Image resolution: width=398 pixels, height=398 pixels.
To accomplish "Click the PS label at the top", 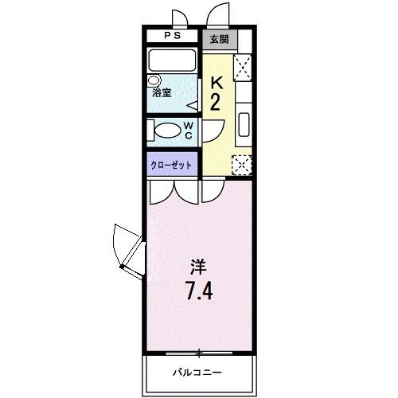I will [x=172, y=37].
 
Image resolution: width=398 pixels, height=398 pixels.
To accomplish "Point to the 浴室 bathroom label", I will [x=162, y=93].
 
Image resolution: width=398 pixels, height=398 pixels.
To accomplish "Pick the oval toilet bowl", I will [x=168, y=131].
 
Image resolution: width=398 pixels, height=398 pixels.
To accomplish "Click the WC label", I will [x=189, y=131].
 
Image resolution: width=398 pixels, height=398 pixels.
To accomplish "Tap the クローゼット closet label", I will [x=172, y=165].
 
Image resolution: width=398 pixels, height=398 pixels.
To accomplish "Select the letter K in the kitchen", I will [x=216, y=82].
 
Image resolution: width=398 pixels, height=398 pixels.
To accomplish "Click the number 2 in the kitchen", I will [x=215, y=103].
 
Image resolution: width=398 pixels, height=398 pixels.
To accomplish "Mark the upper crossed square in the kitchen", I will [x=243, y=66].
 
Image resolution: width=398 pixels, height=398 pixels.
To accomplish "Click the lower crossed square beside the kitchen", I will [x=240, y=165].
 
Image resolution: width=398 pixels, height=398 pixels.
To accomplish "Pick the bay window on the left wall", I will [x=127, y=248].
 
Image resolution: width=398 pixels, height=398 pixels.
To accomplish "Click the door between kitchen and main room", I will [x=212, y=192].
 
